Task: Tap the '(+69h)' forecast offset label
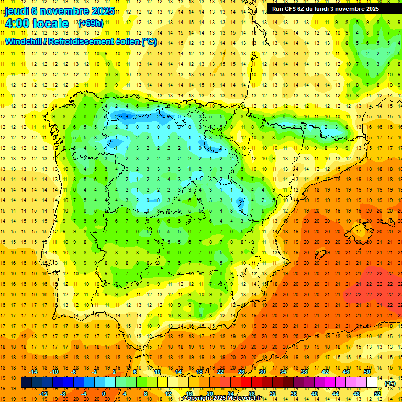pyautogui.click(x=90, y=24)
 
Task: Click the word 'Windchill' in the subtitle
pyautogui.click(x=23, y=41)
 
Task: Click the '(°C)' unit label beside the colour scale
pyautogui.click(x=390, y=383)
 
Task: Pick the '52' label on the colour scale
pyautogui.click(x=377, y=394)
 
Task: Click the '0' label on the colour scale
pyautogui.click(x=103, y=394)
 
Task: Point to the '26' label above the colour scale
pyautogui.click(x=241, y=372)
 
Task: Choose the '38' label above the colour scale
pyautogui.click(x=304, y=372)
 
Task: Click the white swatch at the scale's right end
pyautogui.click(x=372, y=383)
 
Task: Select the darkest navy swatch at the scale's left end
pyautogui.click(x=26, y=383)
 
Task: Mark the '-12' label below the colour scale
pyautogui.click(x=44, y=394)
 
